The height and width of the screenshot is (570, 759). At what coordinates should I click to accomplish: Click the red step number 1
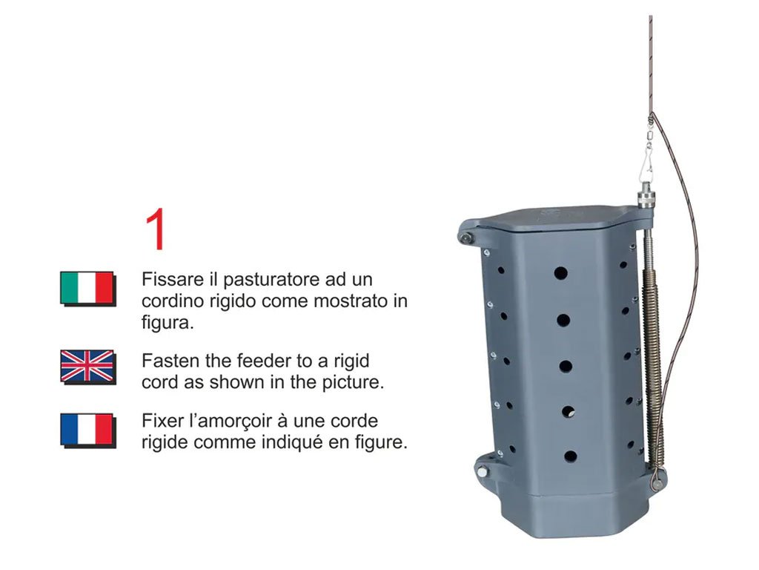156,229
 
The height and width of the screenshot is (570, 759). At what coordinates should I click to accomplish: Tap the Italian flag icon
87,289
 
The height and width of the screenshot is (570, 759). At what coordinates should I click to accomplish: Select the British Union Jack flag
87,367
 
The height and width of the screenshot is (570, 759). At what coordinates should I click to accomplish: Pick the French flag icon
87,430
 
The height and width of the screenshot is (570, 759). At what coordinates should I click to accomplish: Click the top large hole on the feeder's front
560,273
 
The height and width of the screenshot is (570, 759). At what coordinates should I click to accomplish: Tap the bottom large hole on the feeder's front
570,456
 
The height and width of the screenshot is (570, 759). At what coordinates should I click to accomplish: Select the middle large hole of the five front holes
566,366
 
